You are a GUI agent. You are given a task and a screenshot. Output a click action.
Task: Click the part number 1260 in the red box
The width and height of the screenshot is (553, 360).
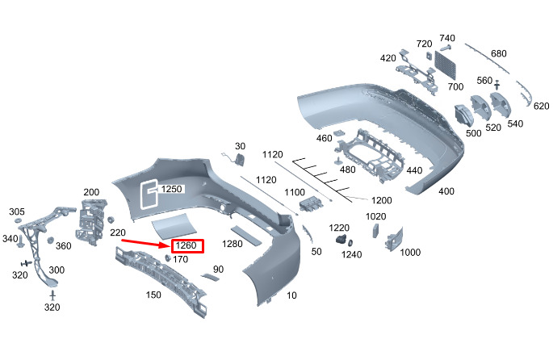tap(186, 245)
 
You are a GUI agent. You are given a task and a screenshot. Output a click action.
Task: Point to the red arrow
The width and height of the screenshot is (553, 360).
tap(149, 240)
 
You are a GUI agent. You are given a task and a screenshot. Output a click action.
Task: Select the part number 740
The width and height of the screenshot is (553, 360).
tap(447, 38)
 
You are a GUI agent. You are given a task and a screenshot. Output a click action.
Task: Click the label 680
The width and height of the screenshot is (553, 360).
tap(499, 54)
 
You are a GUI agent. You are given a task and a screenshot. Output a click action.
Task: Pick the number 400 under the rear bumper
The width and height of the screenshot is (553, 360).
tap(446, 190)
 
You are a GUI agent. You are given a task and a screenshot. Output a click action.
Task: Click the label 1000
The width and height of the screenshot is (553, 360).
tap(410, 253)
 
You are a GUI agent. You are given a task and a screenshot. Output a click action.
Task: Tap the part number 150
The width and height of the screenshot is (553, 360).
tap(153, 295)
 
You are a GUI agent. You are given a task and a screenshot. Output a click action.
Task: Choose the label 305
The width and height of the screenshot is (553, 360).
tap(17, 211)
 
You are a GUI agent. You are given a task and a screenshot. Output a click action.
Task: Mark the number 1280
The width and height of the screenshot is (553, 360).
tap(233, 243)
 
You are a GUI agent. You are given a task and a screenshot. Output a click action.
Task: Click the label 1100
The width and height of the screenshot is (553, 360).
tap(295, 193)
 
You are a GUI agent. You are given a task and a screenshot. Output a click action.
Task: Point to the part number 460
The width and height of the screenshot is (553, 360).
tap(324, 139)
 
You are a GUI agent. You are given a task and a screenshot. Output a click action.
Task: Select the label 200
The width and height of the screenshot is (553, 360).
tap(91, 192)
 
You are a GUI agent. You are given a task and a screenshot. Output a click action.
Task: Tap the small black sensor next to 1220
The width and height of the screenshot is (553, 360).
tap(341, 241)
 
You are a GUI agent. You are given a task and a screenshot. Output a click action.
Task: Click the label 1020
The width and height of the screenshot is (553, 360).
tap(376, 216)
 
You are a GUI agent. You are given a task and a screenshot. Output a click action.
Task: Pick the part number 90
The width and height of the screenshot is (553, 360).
tap(218, 269)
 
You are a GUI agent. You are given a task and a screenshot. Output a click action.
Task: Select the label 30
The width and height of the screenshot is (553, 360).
tap(239, 146)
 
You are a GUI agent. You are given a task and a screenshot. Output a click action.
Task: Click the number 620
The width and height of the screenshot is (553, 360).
tap(541, 106)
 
